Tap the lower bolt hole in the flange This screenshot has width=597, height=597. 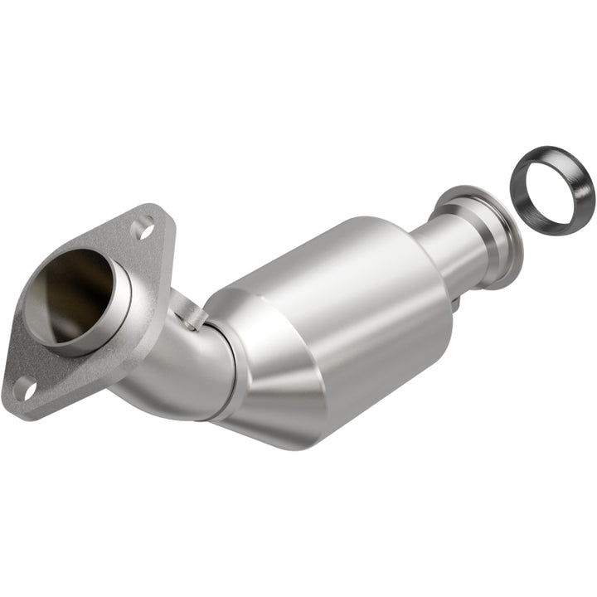[x=23, y=386]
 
